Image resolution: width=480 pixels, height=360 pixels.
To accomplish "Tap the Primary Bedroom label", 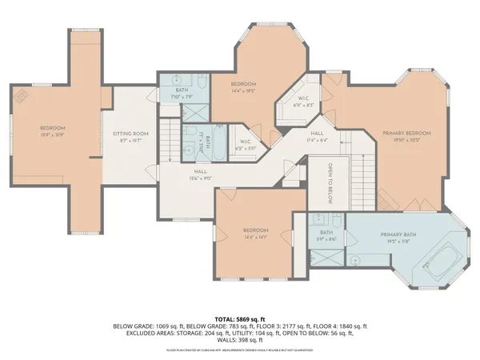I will pyautogui.click(x=406, y=134).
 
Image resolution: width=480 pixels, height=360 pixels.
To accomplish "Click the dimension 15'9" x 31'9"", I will pyautogui.click(x=52, y=134).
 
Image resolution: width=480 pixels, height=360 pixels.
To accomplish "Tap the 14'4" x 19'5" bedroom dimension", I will pyautogui.click(x=243, y=91).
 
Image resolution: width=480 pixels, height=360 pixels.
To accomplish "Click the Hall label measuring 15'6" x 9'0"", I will pyautogui.click(x=202, y=177).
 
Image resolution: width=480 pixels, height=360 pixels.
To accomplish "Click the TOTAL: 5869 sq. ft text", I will pyautogui.click(x=240, y=318).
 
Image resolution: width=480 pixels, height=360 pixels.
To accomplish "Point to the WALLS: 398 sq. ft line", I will pyautogui.click(x=240, y=340).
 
